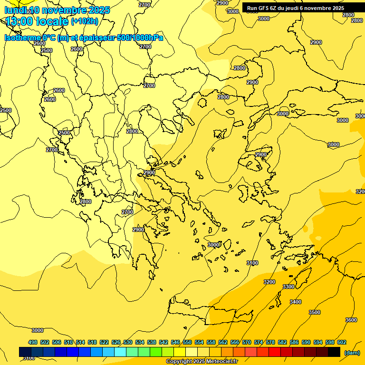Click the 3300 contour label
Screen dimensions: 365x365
[288, 287]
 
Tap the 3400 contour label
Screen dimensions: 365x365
[296, 302]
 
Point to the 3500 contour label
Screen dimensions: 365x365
[315, 312]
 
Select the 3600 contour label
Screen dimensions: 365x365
[351, 320]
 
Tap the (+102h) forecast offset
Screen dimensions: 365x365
[85, 21]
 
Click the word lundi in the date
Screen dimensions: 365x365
[15, 10]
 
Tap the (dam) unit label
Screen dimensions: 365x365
[352, 353]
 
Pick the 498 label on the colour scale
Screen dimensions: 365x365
[33, 342]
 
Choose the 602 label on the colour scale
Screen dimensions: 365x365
[342, 342]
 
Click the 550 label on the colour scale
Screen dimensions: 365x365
[187, 342]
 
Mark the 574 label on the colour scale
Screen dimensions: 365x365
[259, 342]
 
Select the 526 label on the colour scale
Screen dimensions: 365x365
[116, 342]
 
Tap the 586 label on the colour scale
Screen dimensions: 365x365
[294, 342]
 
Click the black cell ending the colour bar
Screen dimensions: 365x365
[334, 352]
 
